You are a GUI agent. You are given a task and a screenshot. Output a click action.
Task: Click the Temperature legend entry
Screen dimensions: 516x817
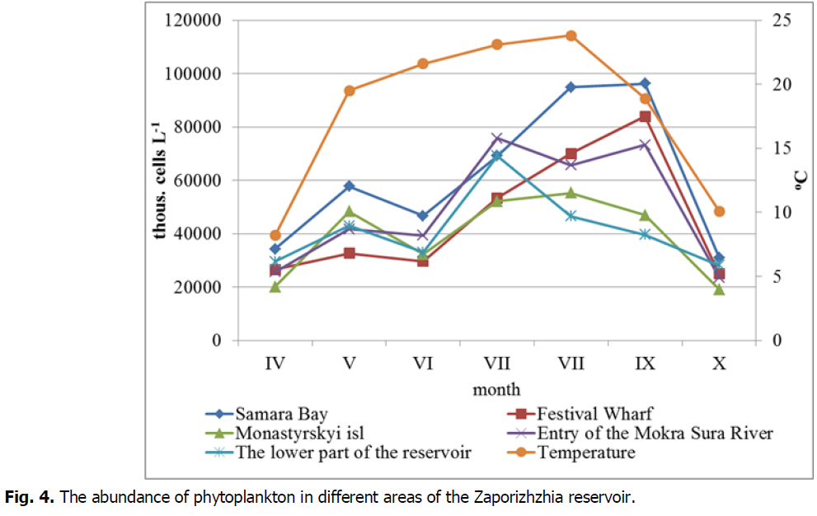click(586, 453)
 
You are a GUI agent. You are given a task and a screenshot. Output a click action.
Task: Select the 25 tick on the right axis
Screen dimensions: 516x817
click(777, 21)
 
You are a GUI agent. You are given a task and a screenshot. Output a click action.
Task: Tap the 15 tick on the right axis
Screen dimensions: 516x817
click(777, 148)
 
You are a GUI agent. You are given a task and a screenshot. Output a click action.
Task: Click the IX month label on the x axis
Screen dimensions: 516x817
click(645, 364)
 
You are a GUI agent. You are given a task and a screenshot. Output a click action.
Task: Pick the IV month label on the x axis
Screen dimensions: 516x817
click(275, 364)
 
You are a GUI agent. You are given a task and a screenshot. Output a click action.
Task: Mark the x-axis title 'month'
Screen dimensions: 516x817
click(496, 388)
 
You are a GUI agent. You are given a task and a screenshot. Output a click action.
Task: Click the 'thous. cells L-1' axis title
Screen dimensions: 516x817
click(162, 180)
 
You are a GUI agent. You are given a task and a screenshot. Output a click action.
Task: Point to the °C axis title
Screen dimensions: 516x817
click(801, 181)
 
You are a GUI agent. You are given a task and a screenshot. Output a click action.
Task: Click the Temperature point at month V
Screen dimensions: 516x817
click(350, 91)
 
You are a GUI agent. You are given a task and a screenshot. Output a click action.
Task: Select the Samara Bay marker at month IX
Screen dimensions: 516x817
click(645, 84)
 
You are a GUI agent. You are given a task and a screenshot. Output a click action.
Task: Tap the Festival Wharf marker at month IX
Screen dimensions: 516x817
click(645, 117)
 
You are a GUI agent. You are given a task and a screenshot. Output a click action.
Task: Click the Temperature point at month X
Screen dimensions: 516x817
click(719, 212)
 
